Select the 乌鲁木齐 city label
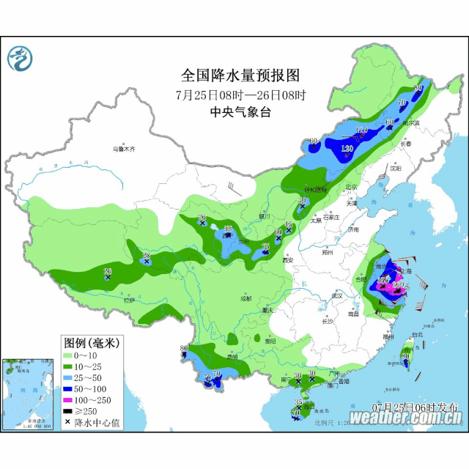point(124,149)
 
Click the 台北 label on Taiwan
point(417,335)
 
